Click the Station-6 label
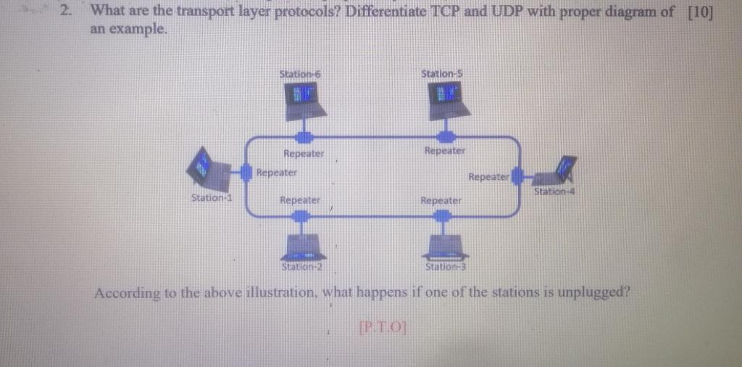[300, 73]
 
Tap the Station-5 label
[442, 73]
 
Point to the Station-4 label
[554, 191]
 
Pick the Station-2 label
[301, 266]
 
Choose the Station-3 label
[445, 266]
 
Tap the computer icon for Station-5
[448, 100]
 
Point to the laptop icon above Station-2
[304, 247]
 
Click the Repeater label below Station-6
[304, 154]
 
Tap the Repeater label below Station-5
[444, 151]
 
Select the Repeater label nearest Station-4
[489, 176]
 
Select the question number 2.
[66, 12]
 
